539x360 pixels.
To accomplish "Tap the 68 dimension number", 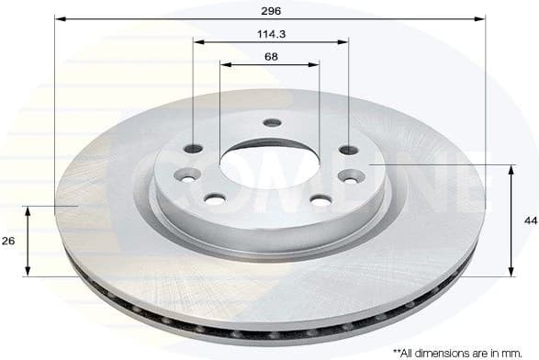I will tap(271, 57).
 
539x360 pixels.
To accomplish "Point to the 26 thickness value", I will tap(9, 241).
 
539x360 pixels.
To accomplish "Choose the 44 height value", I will tap(530, 220).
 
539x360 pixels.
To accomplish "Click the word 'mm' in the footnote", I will tap(509, 352).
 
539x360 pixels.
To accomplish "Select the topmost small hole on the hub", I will tap(271, 122).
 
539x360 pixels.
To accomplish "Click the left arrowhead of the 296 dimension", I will tap(59, 17).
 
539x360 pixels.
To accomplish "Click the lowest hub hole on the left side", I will tap(214, 197).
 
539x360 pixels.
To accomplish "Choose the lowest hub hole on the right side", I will tap(320, 198).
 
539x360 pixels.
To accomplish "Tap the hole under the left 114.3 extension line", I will tap(193, 149).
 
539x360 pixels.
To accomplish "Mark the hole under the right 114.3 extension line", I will tap(347, 150).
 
